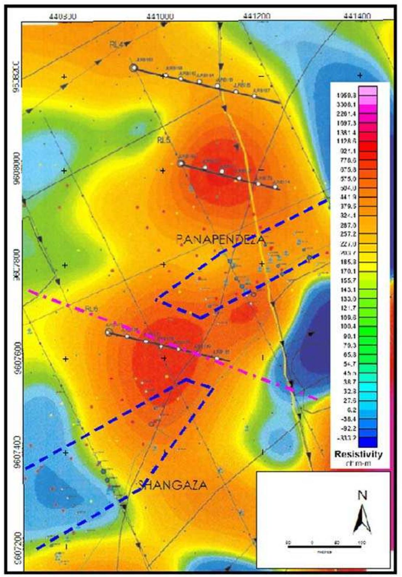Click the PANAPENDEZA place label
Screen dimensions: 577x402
221,239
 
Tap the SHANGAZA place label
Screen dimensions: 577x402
173,484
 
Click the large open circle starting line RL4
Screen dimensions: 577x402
134,68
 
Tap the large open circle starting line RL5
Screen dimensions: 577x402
181,163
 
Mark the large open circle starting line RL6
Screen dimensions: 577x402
108,332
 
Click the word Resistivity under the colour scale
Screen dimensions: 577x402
358,454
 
